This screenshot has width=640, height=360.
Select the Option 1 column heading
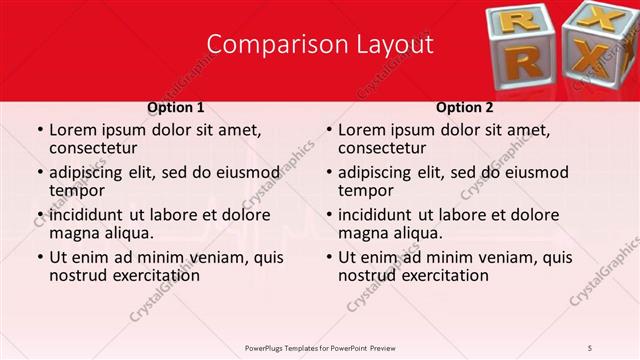click(176, 107)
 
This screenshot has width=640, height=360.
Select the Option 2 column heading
click(465, 107)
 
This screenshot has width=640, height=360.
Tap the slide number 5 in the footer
click(591, 347)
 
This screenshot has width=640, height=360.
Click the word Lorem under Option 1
click(74, 130)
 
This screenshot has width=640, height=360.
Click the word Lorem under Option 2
click(363, 130)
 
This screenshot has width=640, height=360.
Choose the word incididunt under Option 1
click(89, 215)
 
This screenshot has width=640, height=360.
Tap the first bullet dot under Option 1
click(39, 131)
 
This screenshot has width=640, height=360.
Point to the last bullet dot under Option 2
click(328, 258)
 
